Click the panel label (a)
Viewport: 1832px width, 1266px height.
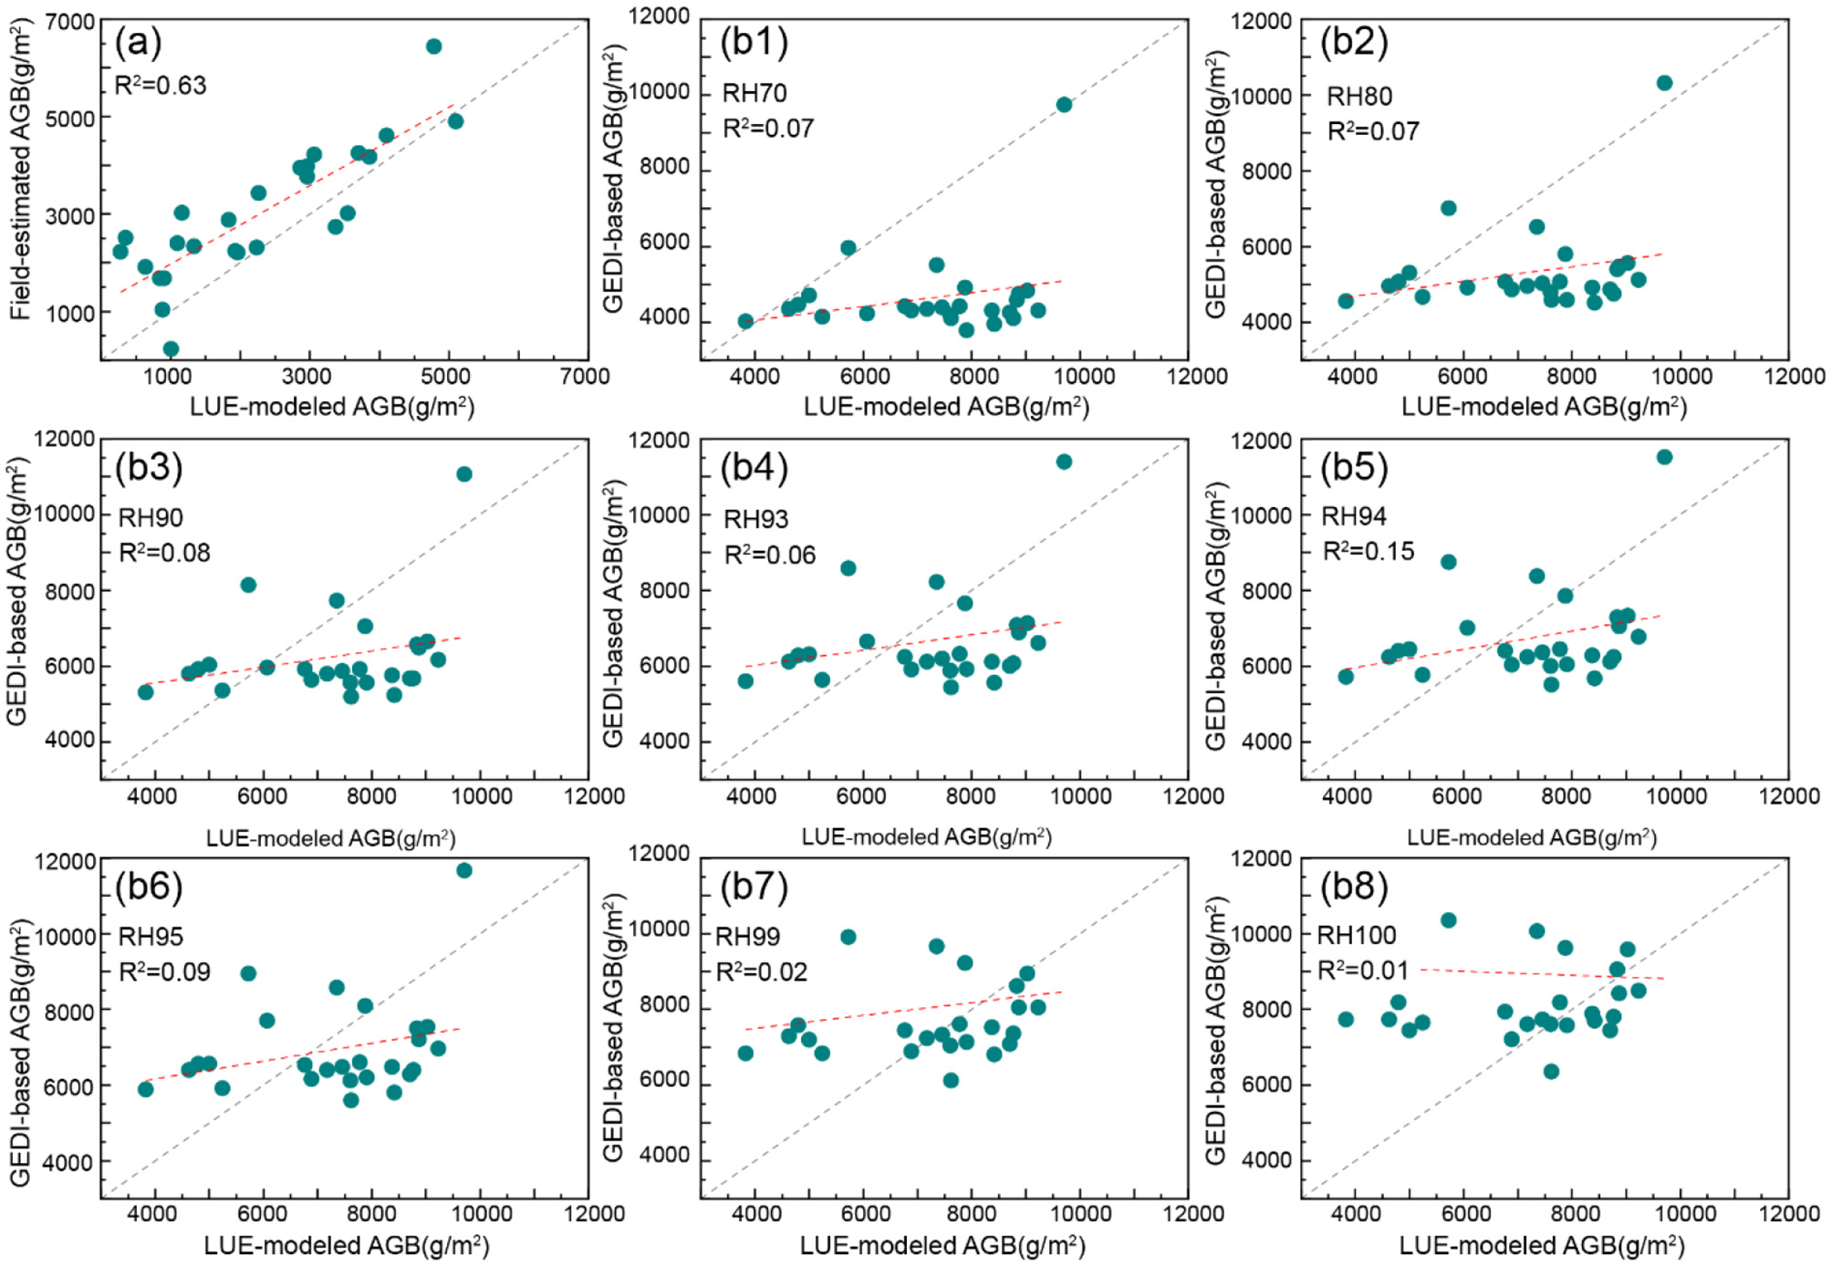pos(138,42)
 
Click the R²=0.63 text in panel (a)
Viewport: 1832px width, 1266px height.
pos(161,86)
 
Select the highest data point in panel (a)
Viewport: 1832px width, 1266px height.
pos(434,47)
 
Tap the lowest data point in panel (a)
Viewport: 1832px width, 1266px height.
pos(171,348)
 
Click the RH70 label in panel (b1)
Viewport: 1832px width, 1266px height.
pos(754,93)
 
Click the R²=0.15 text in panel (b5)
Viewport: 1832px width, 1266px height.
pos(1369,551)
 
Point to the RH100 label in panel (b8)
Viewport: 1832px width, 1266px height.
pos(1357,936)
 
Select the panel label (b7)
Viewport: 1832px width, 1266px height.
pos(754,887)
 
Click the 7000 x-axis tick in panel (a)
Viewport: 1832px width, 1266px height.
pos(585,376)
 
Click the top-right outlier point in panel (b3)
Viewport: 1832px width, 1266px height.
pos(464,474)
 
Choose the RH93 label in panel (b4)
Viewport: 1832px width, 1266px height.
pos(755,520)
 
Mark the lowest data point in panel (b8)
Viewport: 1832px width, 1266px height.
pos(1551,1072)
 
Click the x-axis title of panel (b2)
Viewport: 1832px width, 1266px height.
pos(1544,407)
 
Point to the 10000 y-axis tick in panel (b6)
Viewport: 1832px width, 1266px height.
pos(65,937)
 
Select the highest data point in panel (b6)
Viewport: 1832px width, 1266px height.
pos(464,871)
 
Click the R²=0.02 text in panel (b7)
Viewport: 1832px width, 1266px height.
pos(762,972)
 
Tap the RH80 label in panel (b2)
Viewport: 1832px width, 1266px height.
pos(1358,97)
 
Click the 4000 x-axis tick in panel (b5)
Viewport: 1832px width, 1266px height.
pos(1347,796)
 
